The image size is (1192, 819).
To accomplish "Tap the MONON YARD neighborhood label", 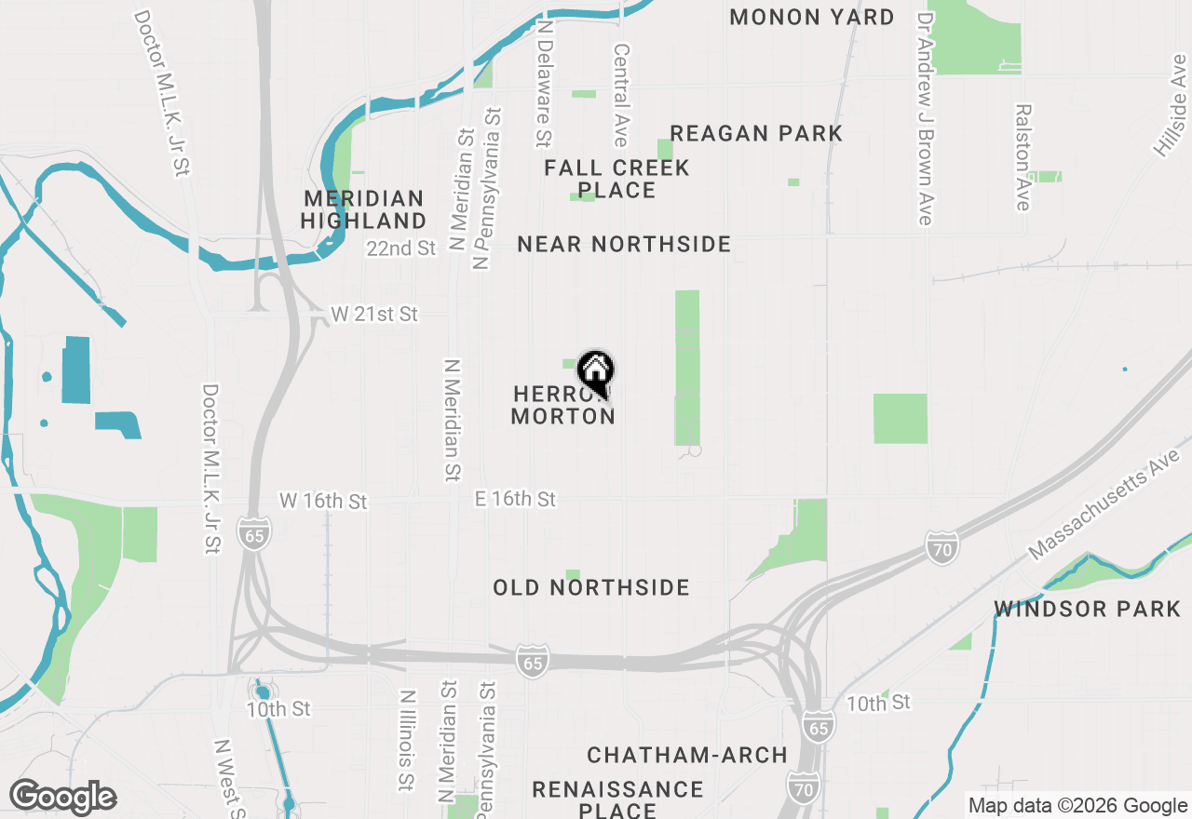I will [811, 17].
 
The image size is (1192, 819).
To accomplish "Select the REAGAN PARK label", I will [756, 133].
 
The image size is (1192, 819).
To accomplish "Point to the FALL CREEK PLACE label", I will [616, 179].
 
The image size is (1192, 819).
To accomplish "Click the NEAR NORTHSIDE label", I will [624, 244].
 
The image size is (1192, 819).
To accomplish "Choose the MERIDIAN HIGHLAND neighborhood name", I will [363, 209].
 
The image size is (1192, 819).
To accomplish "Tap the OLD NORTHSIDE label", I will [591, 587].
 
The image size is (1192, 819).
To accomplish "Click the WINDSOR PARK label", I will [1087, 609].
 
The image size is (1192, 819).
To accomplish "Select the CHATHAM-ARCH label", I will [687, 754].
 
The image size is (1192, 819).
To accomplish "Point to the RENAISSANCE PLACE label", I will [617, 799].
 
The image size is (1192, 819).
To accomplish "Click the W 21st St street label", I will [374, 315].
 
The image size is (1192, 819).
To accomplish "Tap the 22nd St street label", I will [401, 248].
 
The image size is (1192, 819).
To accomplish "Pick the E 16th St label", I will [515, 500].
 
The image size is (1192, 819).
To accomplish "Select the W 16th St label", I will [323, 502].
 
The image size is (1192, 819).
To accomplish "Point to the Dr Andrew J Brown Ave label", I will [925, 117].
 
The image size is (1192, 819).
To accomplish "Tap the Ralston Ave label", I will [1023, 156].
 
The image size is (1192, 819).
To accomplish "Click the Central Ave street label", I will [621, 94].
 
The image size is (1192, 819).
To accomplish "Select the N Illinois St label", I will [406, 741].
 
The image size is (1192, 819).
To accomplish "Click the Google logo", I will [62, 797].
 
